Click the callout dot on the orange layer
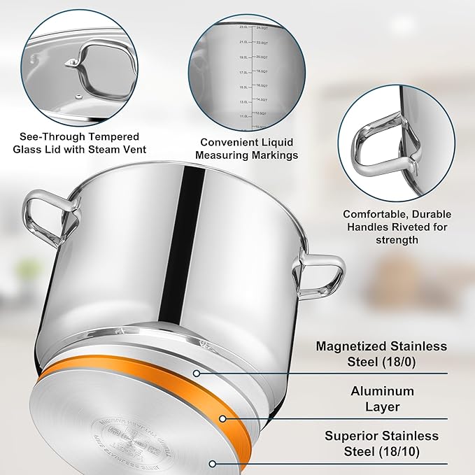222,419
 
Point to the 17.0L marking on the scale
244,72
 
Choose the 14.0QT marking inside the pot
261,100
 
